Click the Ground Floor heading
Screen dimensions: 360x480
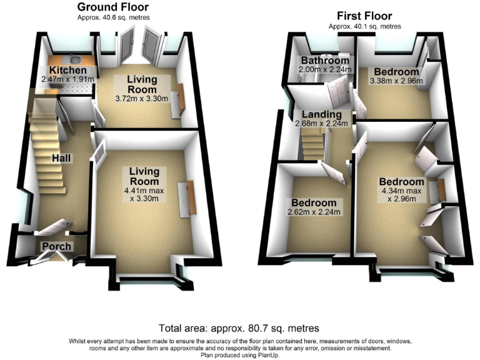[113, 7]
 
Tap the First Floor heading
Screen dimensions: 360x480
[364, 16]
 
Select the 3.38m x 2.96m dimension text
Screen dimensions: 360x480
[396, 81]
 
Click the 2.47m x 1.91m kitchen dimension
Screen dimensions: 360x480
[67, 79]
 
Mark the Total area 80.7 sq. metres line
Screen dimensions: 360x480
[239, 328]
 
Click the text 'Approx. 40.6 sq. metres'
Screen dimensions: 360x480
[113, 17]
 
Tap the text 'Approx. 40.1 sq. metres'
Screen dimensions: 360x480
[364, 26]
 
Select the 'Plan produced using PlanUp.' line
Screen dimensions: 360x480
[239, 354]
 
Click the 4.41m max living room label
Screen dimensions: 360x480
[144, 189]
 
